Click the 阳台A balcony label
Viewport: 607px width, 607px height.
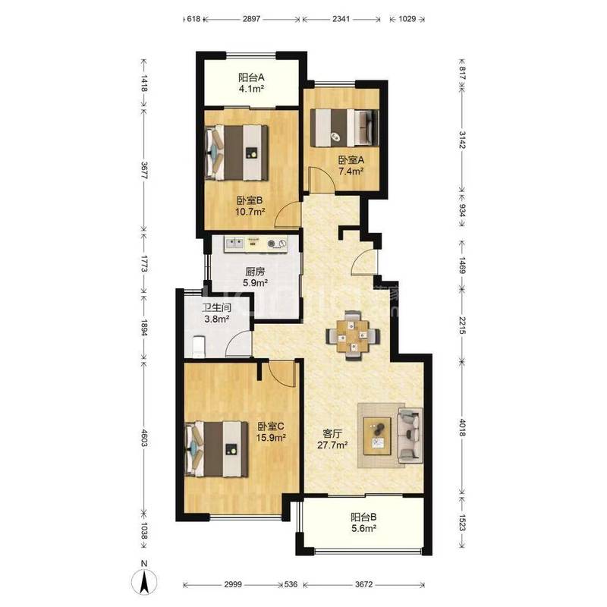(x=251, y=77)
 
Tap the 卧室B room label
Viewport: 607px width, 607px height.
(x=250, y=200)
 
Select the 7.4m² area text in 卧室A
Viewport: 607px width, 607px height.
(x=351, y=171)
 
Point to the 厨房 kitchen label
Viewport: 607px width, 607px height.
(x=255, y=272)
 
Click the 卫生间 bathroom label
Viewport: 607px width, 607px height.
(x=217, y=308)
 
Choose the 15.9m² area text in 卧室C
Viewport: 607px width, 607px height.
(x=271, y=438)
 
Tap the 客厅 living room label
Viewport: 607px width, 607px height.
(x=332, y=434)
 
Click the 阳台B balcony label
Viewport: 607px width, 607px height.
(x=364, y=517)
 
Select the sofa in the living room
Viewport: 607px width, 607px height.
(x=410, y=435)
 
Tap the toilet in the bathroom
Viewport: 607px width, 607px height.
(x=199, y=346)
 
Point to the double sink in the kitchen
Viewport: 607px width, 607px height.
(x=234, y=244)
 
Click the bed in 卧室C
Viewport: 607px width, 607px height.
(x=217, y=449)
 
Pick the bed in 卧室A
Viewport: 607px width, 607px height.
(x=346, y=127)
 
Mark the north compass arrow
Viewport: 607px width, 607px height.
(x=144, y=583)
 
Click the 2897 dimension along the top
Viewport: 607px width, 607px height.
(x=251, y=18)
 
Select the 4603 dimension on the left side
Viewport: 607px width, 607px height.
(x=144, y=438)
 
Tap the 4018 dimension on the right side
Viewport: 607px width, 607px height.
(x=462, y=426)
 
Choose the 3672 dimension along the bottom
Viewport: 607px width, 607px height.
(x=364, y=584)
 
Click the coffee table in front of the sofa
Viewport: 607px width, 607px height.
(x=377, y=436)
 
